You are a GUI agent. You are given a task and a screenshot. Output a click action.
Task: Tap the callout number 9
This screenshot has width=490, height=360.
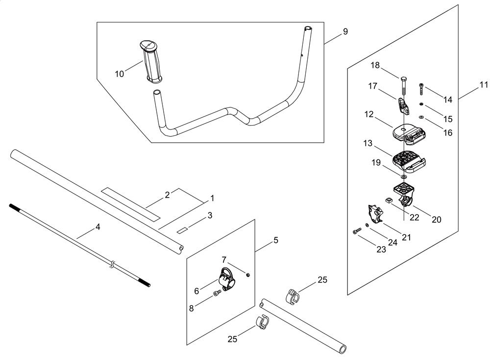345,32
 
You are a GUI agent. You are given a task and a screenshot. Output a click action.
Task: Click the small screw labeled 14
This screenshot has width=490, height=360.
422,90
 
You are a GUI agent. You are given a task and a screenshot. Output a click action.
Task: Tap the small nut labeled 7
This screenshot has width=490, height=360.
248,275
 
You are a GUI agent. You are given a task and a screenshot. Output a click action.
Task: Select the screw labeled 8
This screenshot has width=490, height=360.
216,294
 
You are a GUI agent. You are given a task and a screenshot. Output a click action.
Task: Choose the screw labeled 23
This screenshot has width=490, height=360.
355,231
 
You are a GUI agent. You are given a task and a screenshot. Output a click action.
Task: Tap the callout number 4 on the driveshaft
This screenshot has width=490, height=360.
98,227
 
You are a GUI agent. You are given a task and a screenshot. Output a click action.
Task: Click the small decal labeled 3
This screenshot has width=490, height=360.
183,229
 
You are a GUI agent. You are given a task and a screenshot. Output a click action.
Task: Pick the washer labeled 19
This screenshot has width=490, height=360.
403,176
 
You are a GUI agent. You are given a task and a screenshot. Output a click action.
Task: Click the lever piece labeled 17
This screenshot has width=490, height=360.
402,104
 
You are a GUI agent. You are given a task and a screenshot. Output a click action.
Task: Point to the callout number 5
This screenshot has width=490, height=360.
276,240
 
